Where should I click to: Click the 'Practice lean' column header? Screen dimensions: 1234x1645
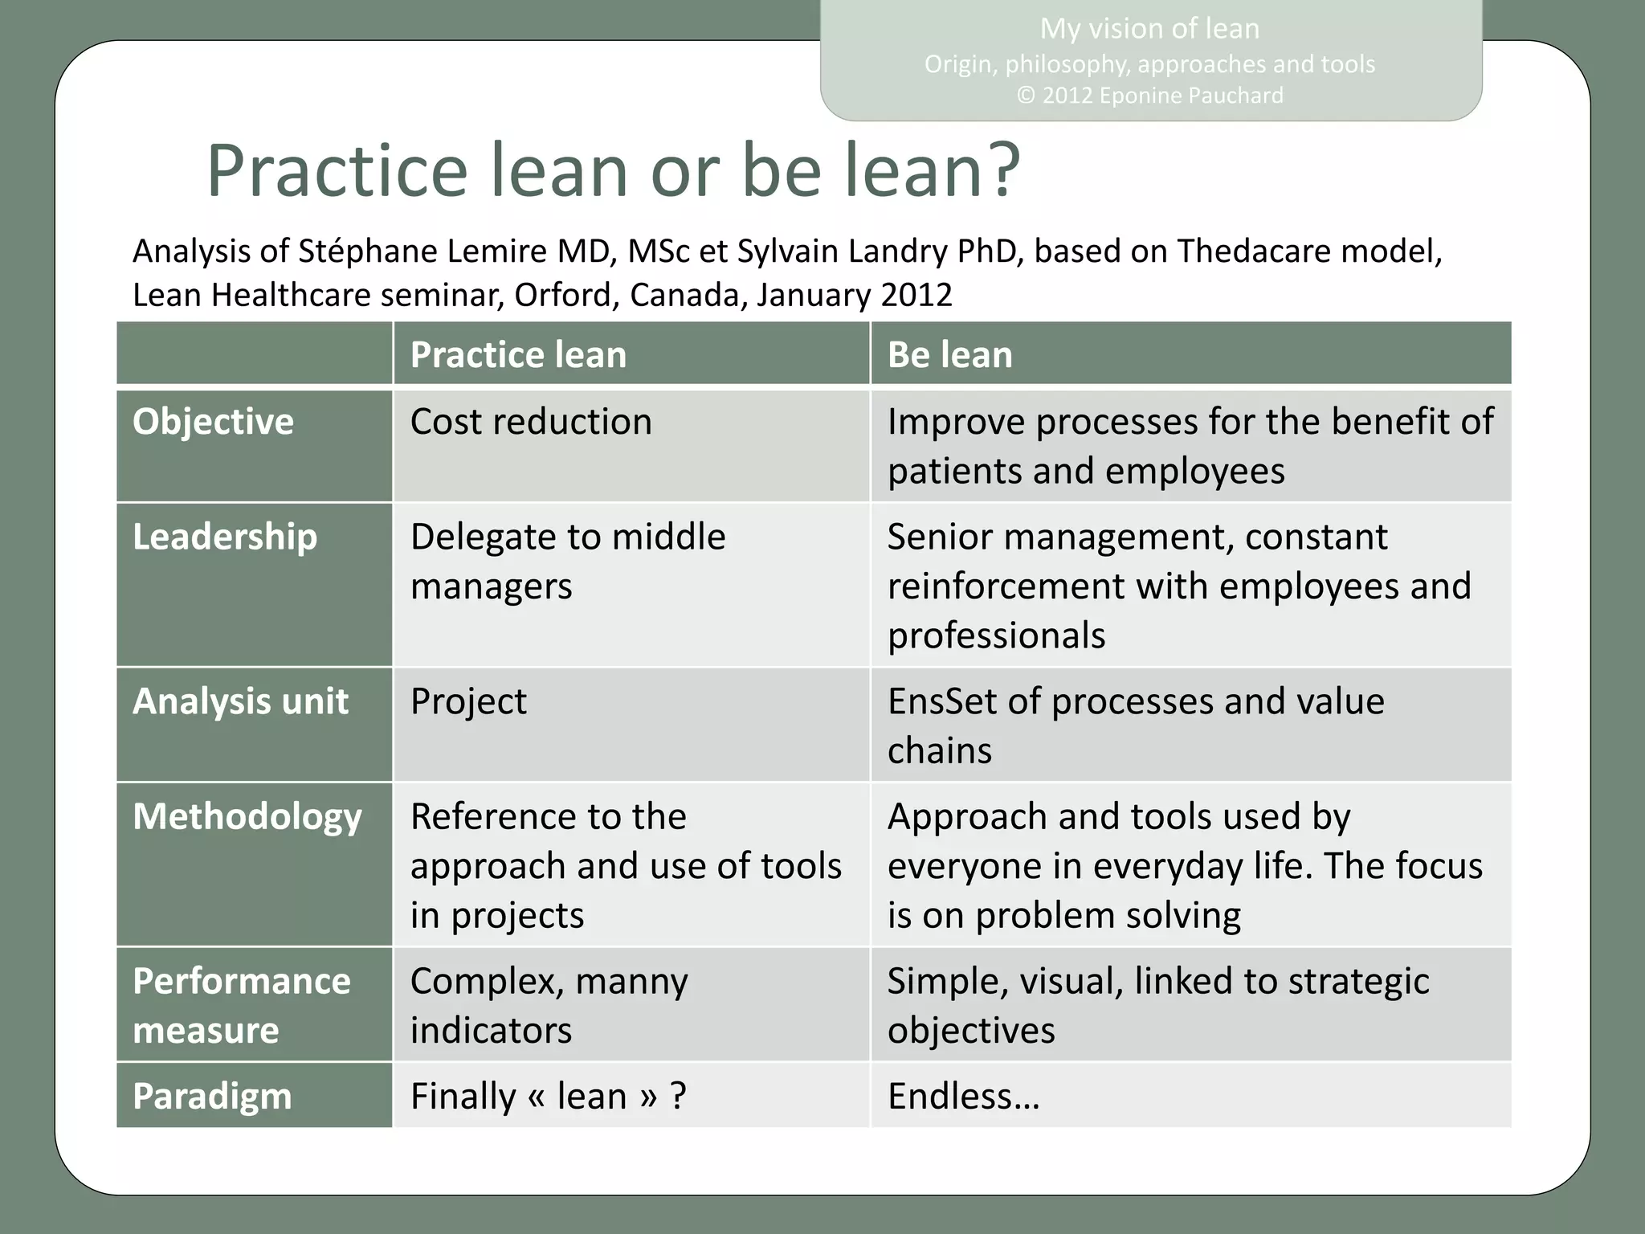pyautogui.click(x=518, y=355)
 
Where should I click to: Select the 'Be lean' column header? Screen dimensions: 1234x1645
pyautogui.click(x=949, y=355)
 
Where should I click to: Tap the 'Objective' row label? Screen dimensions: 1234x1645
pyautogui.click(x=213, y=422)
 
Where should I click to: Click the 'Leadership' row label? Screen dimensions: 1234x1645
pyautogui.click(x=225, y=537)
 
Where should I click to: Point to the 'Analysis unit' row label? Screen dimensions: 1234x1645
pyautogui.click(x=240, y=701)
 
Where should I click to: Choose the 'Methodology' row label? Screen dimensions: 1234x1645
pyautogui.click(x=247, y=817)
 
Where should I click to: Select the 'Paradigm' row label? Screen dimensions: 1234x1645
pyautogui.click(x=212, y=1097)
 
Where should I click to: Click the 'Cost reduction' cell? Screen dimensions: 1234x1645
pyautogui.click(x=531, y=423)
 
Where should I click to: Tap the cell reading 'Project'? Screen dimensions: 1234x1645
pyautogui.click(x=468, y=702)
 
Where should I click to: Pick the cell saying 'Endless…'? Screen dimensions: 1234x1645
pyautogui.click(x=963, y=1097)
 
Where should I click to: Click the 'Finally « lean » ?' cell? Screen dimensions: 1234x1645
pyautogui.click(x=548, y=1097)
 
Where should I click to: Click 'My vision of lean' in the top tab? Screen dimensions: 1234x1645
pyautogui.click(x=1149, y=29)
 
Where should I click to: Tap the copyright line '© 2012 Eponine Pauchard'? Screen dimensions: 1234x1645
pyautogui.click(x=1149, y=96)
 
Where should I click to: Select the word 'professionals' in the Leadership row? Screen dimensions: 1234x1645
pyautogui.click(x=996, y=635)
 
